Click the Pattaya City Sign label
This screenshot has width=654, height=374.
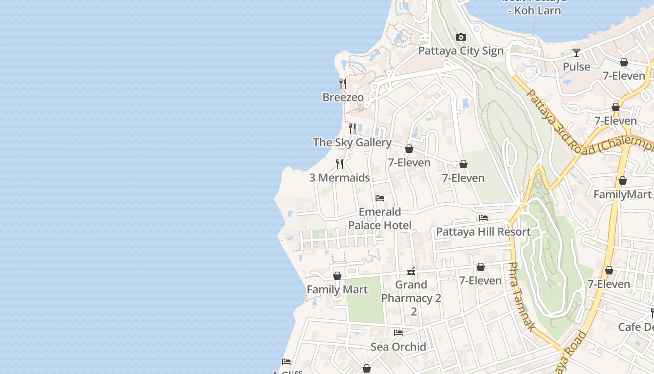[461, 51]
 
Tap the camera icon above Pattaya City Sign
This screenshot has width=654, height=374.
[461, 37]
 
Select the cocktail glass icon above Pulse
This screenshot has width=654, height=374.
[576, 53]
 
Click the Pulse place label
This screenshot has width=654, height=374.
[576, 67]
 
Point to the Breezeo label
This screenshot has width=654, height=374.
[343, 98]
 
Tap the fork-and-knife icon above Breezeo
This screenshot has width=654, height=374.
[343, 84]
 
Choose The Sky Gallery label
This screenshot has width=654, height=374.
[352, 143]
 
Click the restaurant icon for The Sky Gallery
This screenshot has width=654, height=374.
[352, 128]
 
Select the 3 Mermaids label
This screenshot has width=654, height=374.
[340, 178]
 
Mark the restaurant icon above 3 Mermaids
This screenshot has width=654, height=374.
[340, 164]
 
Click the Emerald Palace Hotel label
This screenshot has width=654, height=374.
[380, 219]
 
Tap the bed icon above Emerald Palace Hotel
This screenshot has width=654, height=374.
[380, 198]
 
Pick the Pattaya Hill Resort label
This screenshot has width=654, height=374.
[483, 232]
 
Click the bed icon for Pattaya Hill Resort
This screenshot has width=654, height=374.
[483, 218]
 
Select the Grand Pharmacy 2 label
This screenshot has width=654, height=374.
[411, 292]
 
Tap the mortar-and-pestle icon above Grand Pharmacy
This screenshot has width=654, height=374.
[411, 271]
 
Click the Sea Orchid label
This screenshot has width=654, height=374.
[398, 347]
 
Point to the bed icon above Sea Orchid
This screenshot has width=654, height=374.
[398, 333]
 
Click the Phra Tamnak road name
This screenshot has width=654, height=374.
[520, 296]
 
